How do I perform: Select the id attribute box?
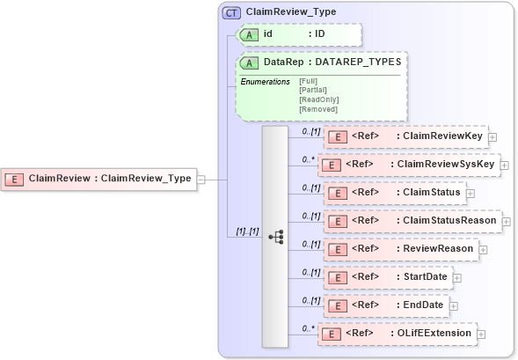pos(299,34)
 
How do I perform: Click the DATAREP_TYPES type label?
pos(360,62)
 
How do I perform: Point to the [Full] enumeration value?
pos(310,81)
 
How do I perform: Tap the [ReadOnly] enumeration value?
pos(318,99)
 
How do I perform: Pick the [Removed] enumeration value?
pos(317,109)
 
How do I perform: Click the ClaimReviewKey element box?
pos(405,136)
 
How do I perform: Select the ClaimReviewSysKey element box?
pos(408,165)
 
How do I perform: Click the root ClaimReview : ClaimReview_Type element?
pos(98,179)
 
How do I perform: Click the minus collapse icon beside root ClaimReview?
pos(201,179)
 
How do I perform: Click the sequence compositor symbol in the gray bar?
pos(275,236)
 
